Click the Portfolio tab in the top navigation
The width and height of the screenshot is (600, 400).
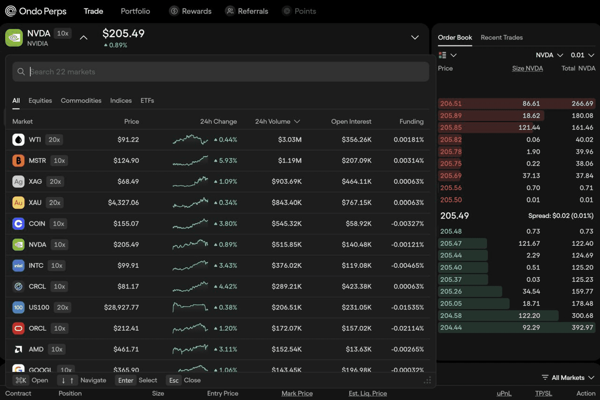tap(135, 11)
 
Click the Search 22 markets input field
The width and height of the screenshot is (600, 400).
tap(221, 72)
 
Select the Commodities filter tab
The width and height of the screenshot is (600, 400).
tap(81, 100)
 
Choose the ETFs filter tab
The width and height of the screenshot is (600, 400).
tap(147, 100)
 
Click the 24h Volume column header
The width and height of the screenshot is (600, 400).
tap(277, 121)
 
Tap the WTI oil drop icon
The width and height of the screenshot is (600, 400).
tap(18, 140)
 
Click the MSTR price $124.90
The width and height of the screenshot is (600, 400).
tap(126, 160)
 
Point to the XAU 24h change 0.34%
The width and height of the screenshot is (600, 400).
tap(225, 203)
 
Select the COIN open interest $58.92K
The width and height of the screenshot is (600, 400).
tap(359, 223)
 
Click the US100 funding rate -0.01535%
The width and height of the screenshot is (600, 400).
tap(407, 307)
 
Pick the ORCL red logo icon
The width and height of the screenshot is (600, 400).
tap(18, 328)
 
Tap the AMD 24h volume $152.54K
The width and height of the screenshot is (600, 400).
tap(286, 349)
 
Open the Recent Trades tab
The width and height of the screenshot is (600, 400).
tap(502, 38)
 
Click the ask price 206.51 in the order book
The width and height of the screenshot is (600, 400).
tap(451, 104)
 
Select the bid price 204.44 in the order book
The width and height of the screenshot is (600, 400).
tap(451, 327)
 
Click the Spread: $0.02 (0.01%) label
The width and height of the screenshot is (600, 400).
tap(561, 216)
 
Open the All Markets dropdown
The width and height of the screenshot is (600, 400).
tap(568, 377)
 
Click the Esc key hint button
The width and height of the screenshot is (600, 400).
tap(173, 380)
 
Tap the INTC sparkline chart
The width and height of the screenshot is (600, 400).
tap(190, 265)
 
